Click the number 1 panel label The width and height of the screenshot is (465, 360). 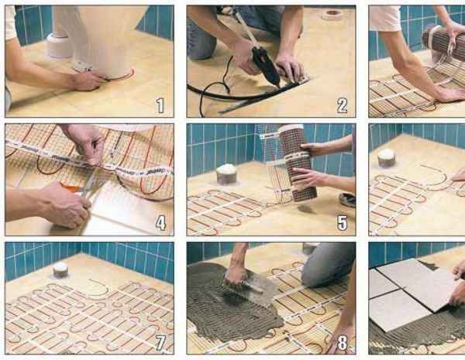pos(160,105)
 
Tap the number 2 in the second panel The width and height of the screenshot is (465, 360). pos(342,105)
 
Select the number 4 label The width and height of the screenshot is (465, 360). pos(160,224)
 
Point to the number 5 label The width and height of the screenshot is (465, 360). pos(343,223)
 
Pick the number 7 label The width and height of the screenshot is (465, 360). pos(160,342)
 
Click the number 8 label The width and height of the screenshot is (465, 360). pos(343,342)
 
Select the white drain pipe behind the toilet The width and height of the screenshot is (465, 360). pos(60,44)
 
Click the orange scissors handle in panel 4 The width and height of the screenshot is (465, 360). pos(71,187)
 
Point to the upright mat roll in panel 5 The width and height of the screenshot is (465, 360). pos(298,163)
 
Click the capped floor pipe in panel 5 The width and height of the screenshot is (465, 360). pos(226,174)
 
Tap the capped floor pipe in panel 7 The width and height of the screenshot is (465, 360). pos(60,270)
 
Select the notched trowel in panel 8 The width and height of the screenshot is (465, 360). pos(257,289)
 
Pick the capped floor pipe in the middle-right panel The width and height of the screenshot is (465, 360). pos(387,157)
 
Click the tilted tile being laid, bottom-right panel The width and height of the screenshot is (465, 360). pos(419,283)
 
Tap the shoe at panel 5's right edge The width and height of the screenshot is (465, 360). pos(347,200)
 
